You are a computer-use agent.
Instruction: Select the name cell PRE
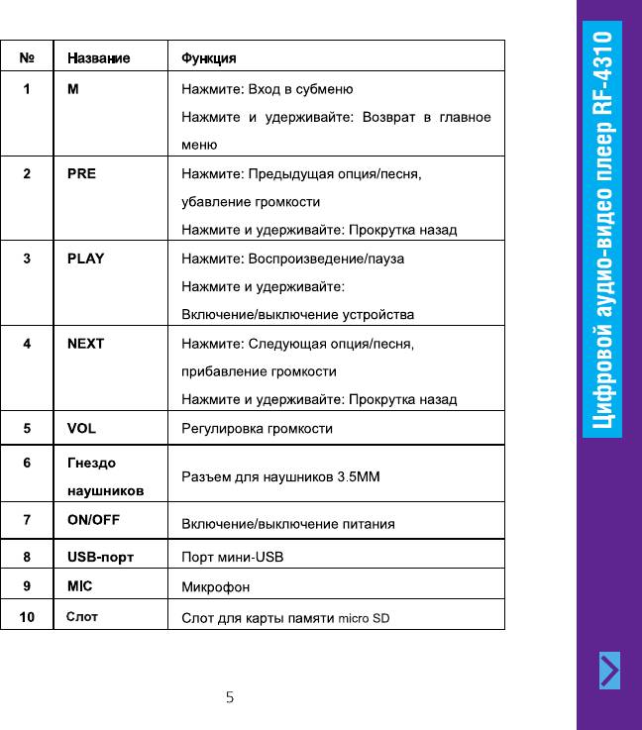pos(82,173)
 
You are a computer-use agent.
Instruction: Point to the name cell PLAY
pos(85,259)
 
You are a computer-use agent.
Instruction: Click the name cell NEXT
pos(85,344)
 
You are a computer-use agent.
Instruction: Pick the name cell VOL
pos(81,429)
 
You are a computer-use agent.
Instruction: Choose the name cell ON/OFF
pos(93,519)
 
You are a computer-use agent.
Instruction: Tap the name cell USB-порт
pos(100,557)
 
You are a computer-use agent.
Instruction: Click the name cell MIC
pos(80,586)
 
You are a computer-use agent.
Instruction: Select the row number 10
pos(28,618)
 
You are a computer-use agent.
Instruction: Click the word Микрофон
pos(214,587)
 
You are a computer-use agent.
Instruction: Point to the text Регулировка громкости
pos(257,429)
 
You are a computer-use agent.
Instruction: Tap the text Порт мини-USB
pos(233,557)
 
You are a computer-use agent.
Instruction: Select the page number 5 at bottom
pos(230,697)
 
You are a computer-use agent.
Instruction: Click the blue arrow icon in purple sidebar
pos(611,671)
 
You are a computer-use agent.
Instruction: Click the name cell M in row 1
pos(72,89)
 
